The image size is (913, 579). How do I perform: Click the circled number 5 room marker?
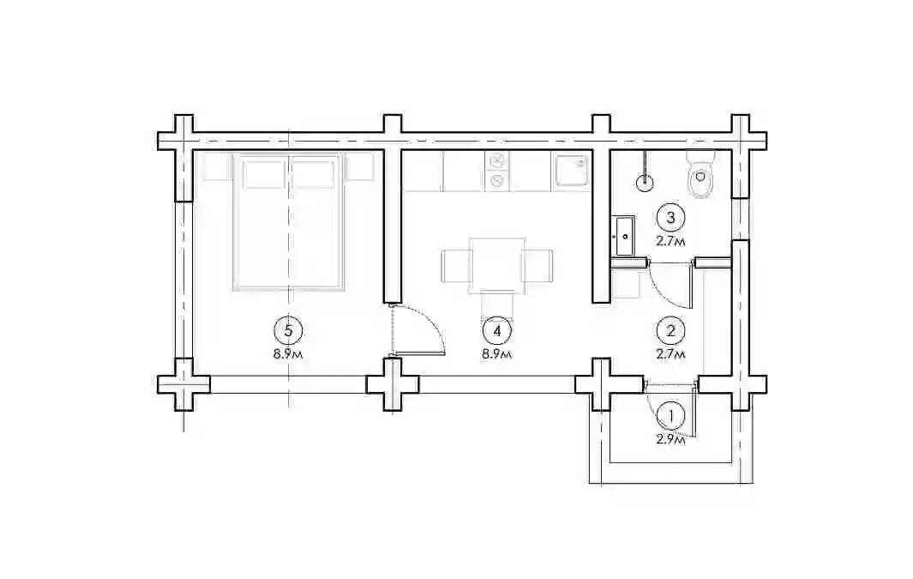coord(288,331)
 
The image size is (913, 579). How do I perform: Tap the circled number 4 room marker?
coord(496,331)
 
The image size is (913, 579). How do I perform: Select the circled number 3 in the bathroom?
coord(670,218)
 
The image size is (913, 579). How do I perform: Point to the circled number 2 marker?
coord(670,331)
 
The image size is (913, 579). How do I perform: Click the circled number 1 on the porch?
coord(671,417)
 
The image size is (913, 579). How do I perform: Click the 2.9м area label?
coord(670,440)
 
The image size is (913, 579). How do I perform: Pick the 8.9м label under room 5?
coord(288,354)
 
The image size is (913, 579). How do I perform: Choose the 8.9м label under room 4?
coord(496,354)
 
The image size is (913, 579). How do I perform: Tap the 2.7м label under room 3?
coord(670,241)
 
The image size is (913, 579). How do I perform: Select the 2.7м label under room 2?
coord(670,354)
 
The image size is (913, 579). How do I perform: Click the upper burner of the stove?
coord(497,160)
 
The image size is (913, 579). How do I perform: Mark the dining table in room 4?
coord(497,265)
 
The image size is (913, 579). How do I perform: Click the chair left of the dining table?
coord(456,265)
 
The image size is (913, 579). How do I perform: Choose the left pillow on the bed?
coord(263,175)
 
